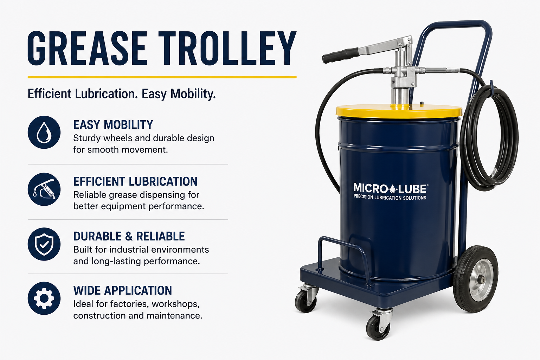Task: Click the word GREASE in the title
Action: click(87, 48)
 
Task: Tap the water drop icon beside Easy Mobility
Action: click(44, 132)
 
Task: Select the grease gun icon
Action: click(44, 189)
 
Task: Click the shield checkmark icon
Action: click(44, 244)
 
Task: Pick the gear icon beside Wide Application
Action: click(44, 298)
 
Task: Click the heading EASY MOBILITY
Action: click(113, 125)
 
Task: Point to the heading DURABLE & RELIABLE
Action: click(129, 236)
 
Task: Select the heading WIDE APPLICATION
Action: click(122, 290)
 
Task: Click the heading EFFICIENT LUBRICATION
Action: click(135, 181)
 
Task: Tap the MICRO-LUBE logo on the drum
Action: click(390, 188)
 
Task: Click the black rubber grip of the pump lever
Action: click(340, 56)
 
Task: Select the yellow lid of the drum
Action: click(399, 111)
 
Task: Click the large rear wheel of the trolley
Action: click(476, 279)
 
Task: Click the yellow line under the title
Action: click(162, 77)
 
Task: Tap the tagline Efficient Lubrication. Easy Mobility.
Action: click(122, 94)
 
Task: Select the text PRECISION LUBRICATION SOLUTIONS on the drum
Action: click(390, 198)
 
